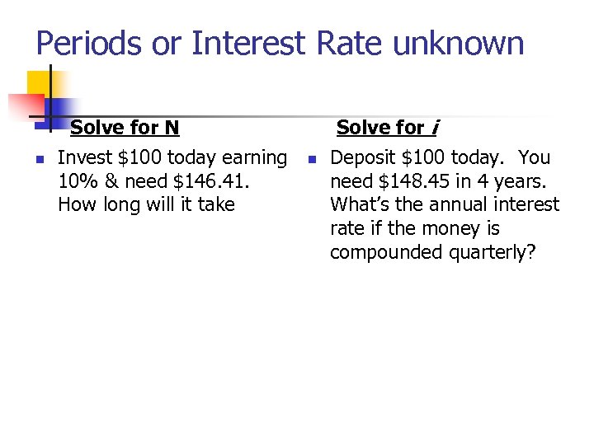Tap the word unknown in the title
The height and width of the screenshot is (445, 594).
(x=459, y=43)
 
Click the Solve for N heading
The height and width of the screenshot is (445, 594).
(x=125, y=128)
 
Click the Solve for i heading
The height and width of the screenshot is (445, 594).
(x=388, y=128)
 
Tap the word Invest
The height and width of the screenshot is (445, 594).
(x=80, y=157)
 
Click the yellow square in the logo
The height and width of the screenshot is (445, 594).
(x=39, y=82)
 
